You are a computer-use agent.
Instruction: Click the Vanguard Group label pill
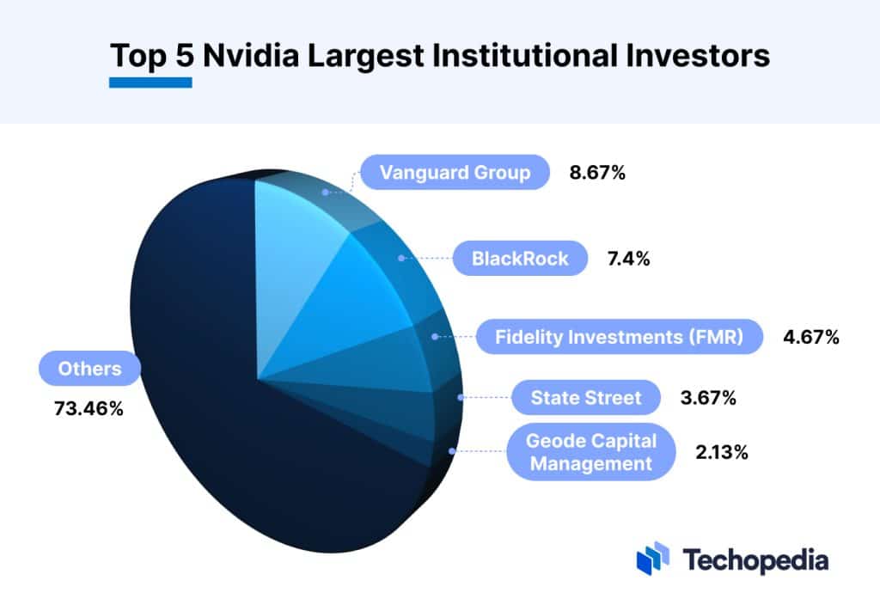455,173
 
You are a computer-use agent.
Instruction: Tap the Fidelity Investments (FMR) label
619,337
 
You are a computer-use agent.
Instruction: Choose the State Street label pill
586,398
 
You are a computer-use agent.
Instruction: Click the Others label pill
89,370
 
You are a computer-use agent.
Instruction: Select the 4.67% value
810,337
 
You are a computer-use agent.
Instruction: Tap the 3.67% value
709,398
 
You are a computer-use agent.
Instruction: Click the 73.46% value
89,408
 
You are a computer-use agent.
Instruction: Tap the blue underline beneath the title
150,82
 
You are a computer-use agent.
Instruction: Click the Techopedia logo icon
652,559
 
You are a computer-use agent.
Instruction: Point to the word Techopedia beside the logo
756,560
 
